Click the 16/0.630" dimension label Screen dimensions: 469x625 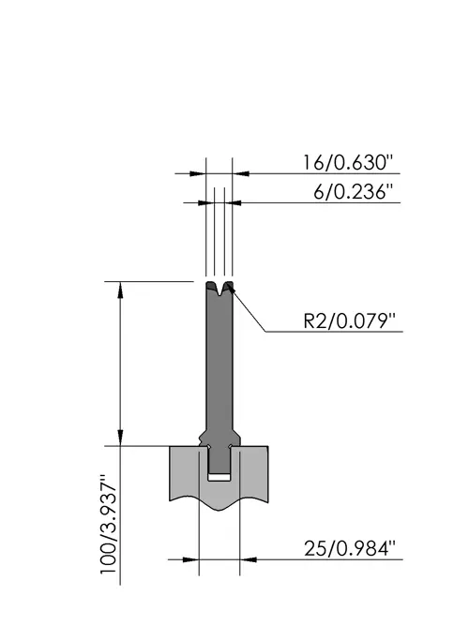pyautogui.click(x=348, y=163)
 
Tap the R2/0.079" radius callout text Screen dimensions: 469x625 pyautogui.click(x=349, y=320)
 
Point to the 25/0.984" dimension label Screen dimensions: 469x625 pyautogui.click(x=349, y=548)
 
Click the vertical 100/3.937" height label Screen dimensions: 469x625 pyautogui.click(x=109, y=524)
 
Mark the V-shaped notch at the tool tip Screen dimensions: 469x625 pyautogui.click(x=219, y=289)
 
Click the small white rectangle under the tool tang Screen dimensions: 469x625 pyautogui.click(x=219, y=477)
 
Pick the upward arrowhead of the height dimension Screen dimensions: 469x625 pyautogui.click(x=120, y=290)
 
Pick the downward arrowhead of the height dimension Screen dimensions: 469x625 pyautogui.click(x=120, y=438)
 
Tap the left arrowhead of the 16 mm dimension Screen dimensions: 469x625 pyautogui.click(x=198, y=173)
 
